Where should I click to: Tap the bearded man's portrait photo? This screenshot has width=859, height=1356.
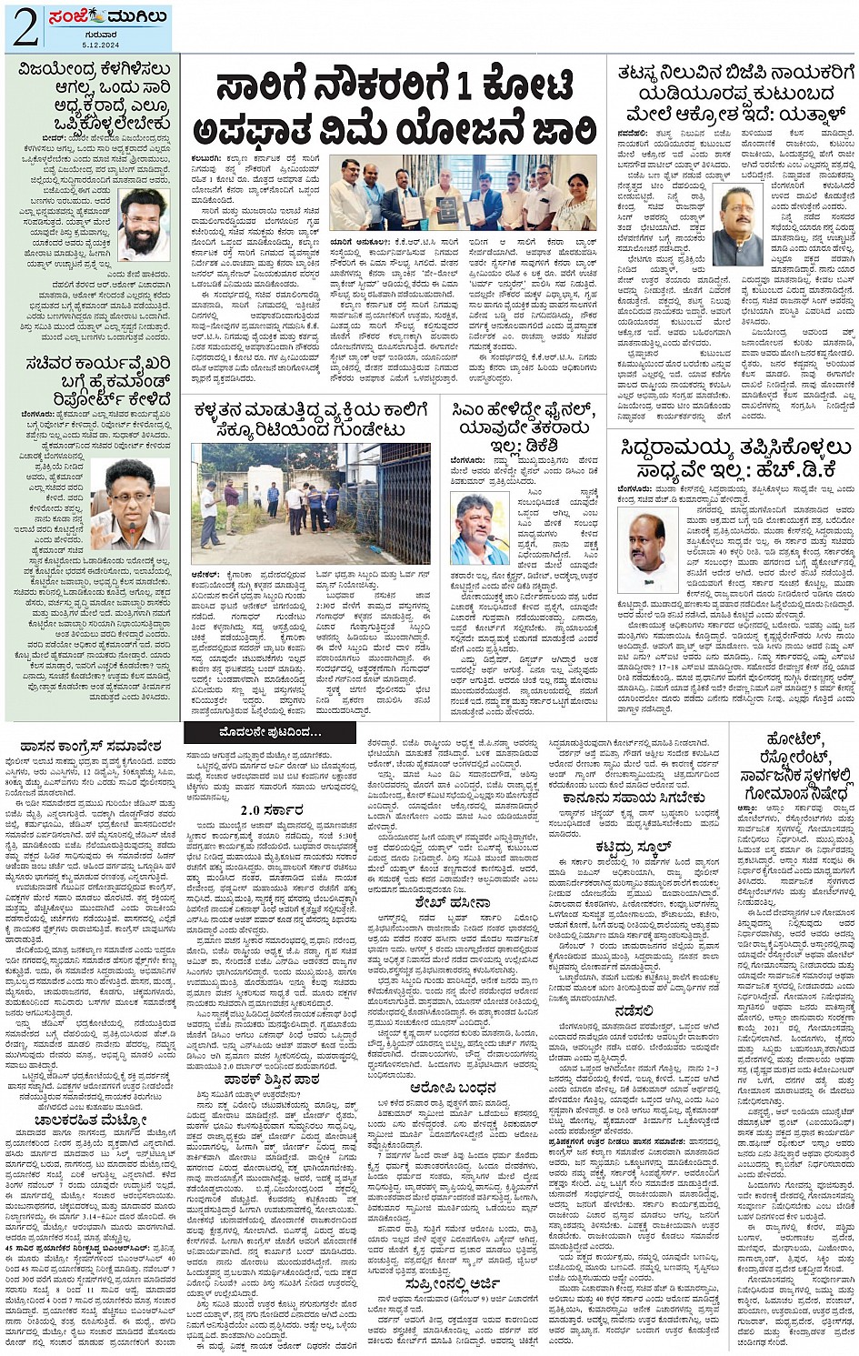tap(145, 223)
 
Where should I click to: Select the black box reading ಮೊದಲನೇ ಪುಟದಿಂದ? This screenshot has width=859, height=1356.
tap(269, 731)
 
